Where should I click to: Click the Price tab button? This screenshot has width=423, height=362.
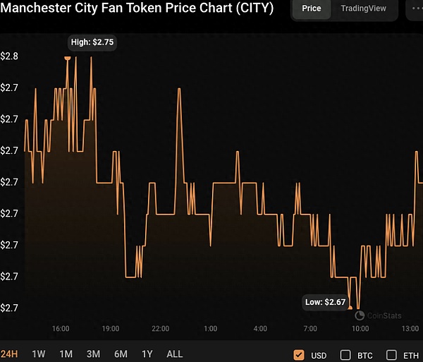(311, 8)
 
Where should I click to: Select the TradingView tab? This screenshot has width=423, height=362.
(363, 8)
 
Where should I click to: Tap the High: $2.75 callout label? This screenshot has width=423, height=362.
(92, 42)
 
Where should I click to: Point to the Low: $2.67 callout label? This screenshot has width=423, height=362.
(326, 302)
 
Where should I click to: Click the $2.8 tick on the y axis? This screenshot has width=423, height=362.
(9, 56)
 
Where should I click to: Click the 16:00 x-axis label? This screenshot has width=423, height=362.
(61, 329)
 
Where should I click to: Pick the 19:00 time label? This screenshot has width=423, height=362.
(110, 329)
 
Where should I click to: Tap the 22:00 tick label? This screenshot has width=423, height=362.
(160, 329)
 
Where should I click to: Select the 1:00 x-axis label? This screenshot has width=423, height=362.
(210, 329)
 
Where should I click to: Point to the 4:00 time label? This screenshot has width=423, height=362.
(260, 329)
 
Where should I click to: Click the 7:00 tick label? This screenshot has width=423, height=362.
(309, 329)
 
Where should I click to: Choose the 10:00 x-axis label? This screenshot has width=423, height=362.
(360, 329)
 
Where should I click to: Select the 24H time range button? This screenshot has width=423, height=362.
(9, 354)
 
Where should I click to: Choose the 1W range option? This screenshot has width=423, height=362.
(39, 354)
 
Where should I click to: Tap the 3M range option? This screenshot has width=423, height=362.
(93, 354)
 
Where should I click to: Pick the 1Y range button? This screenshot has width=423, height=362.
(147, 354)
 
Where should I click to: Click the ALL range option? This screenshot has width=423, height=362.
(174, 354)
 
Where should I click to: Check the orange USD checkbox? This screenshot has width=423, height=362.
(299, 354)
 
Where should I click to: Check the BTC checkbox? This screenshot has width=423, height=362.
(345, 354)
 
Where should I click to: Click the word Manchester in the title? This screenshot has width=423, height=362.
(35, 8)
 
